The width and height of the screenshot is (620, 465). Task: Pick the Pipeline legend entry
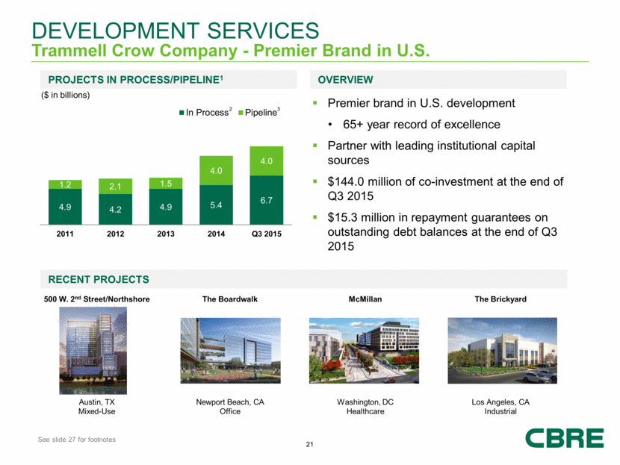pyautogui.click(x=255, y=112)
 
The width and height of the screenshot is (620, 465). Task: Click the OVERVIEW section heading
pyautogui.click(x=345, y=79)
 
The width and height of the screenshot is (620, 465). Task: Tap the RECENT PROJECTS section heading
pyautogui.click(x=98, y=279)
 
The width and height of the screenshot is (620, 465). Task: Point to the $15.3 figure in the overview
pyautogui.click(x=349, y=217)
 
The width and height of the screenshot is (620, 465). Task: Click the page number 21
pyautogui.click(x=310, y=446)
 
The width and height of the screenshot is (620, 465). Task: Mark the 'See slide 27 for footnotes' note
pyautogui.click(x=77, y=440)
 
